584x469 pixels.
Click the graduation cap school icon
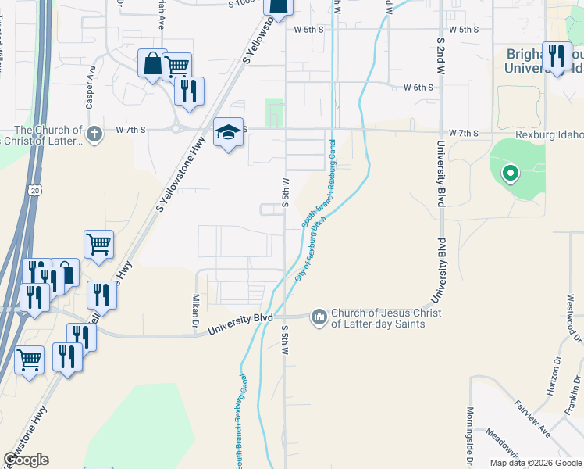click(x=228, y=132)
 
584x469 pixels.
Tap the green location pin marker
click(x=510, y=173)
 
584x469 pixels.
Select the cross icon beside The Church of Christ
click(x=94, y=134)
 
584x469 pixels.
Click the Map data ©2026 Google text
click(x=536, y=463)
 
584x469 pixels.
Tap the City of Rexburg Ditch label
click(x=310, y=249)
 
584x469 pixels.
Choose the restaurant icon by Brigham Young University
click(x=557, y=56)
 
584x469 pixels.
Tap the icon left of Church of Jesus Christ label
click(x=319, y=317)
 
